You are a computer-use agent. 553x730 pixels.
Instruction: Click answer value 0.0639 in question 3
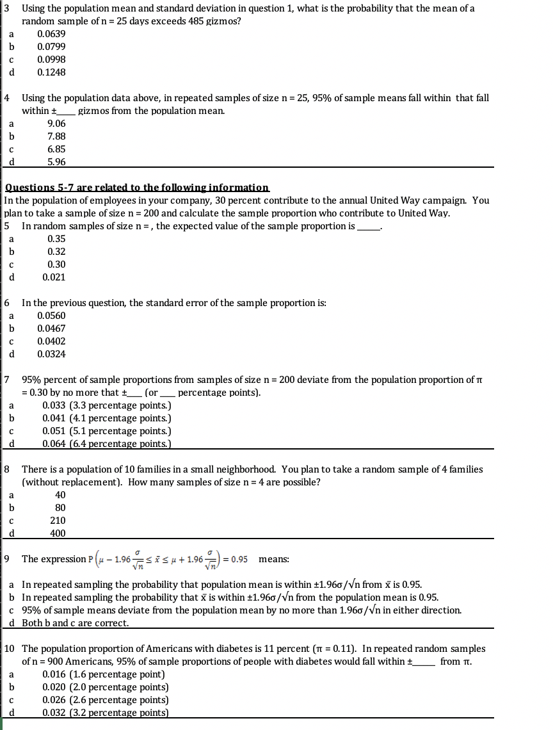[51, 34]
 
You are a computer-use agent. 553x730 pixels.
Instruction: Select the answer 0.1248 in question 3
[51, 72]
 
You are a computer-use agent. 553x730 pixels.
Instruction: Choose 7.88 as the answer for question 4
[56, 136]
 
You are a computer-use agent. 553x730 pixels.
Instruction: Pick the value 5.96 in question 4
[56, 162]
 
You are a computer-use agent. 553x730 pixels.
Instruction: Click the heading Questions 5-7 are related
[137, 188]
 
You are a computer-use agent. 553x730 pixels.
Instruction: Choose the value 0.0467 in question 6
[51, 328]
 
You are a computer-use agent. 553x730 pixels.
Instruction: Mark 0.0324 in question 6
[51, 354]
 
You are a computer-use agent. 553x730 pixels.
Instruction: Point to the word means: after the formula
[273, 559]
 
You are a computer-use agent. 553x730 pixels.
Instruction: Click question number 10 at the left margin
[10, 649]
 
